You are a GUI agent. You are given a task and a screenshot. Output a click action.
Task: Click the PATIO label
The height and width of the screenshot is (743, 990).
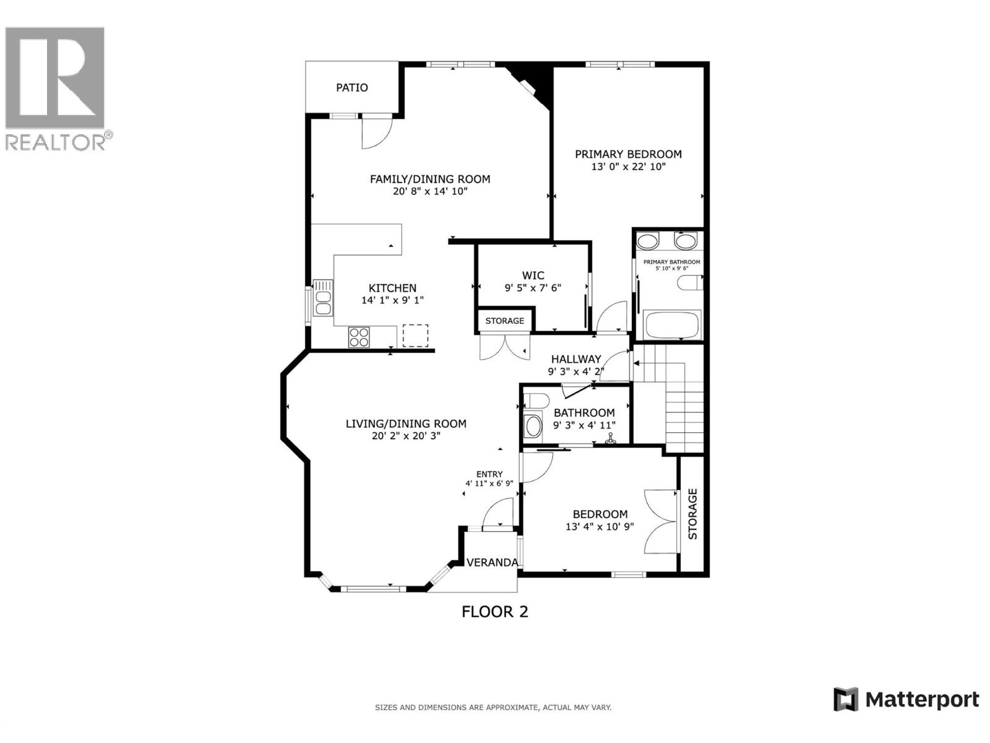pos(351,87)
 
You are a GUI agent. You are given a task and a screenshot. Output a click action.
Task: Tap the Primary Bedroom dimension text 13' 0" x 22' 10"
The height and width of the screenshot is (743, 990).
pos(628,167)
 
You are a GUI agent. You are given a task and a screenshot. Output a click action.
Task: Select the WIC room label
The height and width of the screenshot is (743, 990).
pos(533,276)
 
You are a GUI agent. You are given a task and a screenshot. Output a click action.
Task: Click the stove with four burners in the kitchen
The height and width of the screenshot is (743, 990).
pos(359,337)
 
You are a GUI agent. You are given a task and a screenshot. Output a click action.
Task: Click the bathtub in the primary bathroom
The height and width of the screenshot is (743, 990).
pos(671,324)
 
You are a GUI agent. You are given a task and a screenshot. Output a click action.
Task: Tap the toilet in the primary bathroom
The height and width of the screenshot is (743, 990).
pos(691,284)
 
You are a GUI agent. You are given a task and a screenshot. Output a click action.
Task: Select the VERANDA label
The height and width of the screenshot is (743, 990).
pos(492,562)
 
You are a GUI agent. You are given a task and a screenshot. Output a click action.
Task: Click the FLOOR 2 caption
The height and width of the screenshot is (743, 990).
pos(494,612)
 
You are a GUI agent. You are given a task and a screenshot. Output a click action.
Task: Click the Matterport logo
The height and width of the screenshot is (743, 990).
pos(906,700)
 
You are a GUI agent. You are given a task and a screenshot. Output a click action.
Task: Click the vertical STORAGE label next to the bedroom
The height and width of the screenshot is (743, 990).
pos(692,514)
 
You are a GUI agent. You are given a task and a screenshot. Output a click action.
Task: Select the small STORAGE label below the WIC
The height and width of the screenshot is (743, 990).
pos(504,321)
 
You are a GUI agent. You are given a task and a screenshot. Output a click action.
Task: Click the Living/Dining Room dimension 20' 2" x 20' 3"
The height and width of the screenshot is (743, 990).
pos(405,436)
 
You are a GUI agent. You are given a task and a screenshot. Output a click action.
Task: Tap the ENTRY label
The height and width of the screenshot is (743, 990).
pos(489,474)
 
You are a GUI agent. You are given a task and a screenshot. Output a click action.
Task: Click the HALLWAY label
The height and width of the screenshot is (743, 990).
pos(575,359)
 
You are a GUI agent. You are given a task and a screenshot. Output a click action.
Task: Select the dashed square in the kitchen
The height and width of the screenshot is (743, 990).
pos(415,336)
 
